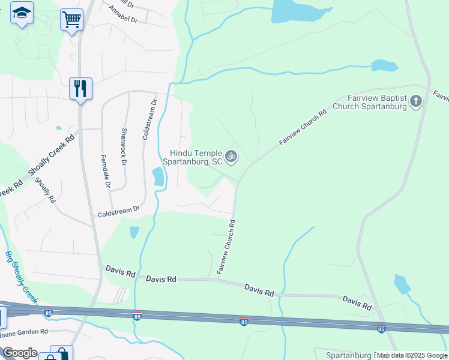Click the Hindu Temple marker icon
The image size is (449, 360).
tap(231, 157)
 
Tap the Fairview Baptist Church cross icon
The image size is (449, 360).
tap(416, 102)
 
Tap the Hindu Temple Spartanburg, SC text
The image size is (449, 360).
tap(196, 158)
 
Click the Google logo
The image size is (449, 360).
tap(19, 353)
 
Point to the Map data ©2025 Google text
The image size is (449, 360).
tap(412, 355)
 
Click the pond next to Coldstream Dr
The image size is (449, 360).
tap(158, 176)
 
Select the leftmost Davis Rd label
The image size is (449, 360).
tap(120, 273)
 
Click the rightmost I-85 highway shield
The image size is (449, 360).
tap(381, 329)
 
